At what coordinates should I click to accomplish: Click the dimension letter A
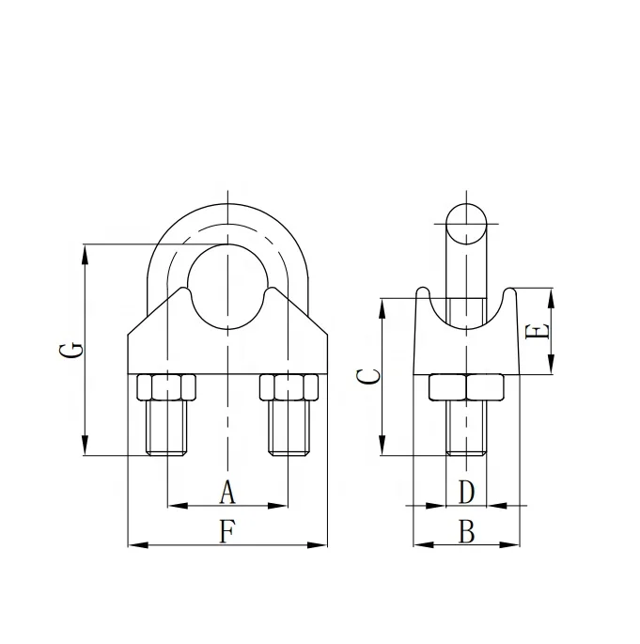(226, 491)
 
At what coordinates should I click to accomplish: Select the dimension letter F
(226, 532)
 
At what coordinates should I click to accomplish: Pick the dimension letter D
(466, 491)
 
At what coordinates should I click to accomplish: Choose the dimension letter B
(466, 532)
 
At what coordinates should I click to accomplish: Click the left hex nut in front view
(166, 386)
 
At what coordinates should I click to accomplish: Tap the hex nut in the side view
(466, 386)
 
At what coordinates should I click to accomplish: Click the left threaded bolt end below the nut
(166, 428)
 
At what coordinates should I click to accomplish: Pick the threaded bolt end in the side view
(466, 429)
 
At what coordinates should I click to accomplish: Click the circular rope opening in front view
(226, 287)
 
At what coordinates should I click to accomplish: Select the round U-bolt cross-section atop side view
(467, 224)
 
